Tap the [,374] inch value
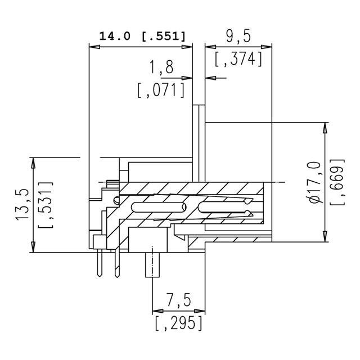(x=238, y=58)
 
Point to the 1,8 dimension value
(x=161, y=69)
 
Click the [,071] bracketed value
(x=161, y=90)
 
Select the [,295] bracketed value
(x=178, y=323)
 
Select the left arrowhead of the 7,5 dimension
(x=156, y=310)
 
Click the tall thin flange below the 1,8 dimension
(x=200, y=141)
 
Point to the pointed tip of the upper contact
(x=251, y=200)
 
